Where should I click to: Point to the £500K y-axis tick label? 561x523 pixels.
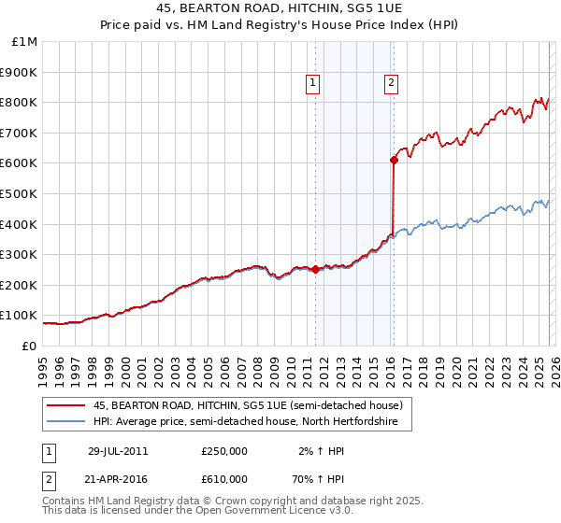click(21, 194)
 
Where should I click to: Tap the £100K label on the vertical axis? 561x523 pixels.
click(21, 316)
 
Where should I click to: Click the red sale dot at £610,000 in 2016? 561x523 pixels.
click(394, 161)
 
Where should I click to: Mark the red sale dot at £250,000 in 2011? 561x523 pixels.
click(315, 270)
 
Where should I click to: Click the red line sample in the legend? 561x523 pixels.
click(66, 406)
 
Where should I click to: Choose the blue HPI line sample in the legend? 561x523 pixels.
click(66, 422)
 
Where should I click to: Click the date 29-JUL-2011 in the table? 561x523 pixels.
click(118, 451)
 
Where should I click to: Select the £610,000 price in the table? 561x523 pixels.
click(224, 479)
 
